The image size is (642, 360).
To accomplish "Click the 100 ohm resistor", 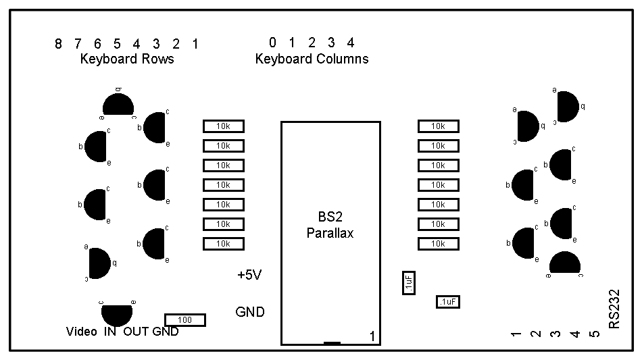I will point(185,320).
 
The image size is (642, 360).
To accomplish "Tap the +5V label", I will point(249,276).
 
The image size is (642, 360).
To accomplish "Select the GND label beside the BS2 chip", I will point(250,312).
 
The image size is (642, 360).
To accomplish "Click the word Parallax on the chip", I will point(330,234).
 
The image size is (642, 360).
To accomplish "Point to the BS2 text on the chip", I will point(330,218).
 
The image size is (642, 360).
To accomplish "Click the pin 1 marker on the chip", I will point(372,336).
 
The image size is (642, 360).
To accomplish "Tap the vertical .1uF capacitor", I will point(408,283).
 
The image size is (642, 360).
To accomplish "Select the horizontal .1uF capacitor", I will point(447,302).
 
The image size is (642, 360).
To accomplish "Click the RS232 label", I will point(614,310).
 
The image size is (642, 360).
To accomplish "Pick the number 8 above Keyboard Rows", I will point(58,45).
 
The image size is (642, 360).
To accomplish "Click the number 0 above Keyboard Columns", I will point(272,43).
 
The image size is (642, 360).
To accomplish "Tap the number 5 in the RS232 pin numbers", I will point(595,334).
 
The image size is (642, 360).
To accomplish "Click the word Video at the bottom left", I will point(82,332).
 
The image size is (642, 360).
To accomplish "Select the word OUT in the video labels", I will point(135,332).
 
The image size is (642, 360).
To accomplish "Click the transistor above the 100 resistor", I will point(117,313).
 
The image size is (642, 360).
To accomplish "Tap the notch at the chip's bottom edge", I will point(332,343).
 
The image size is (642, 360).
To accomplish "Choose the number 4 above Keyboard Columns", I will point(351,43).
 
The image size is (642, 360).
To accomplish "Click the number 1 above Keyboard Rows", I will point(195,45).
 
